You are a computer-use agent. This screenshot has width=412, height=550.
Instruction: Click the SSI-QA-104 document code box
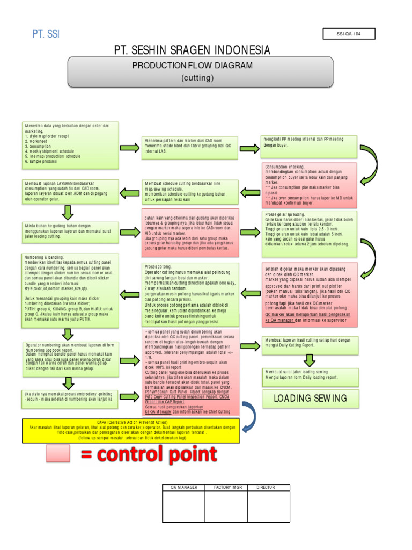coord(348,34)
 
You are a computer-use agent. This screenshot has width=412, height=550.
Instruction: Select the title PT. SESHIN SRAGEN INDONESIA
coord(192,50)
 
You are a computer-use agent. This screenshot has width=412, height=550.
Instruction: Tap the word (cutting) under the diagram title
coord(197,78)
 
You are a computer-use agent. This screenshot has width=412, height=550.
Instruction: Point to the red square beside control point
coord(58,455)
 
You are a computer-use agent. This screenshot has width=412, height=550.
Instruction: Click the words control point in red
coord(149,454)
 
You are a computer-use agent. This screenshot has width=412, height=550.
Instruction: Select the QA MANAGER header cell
coord(184,487)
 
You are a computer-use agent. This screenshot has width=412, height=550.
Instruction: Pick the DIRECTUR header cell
coord(268,487)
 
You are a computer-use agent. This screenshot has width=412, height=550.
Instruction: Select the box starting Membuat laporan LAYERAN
coord(71,191)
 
